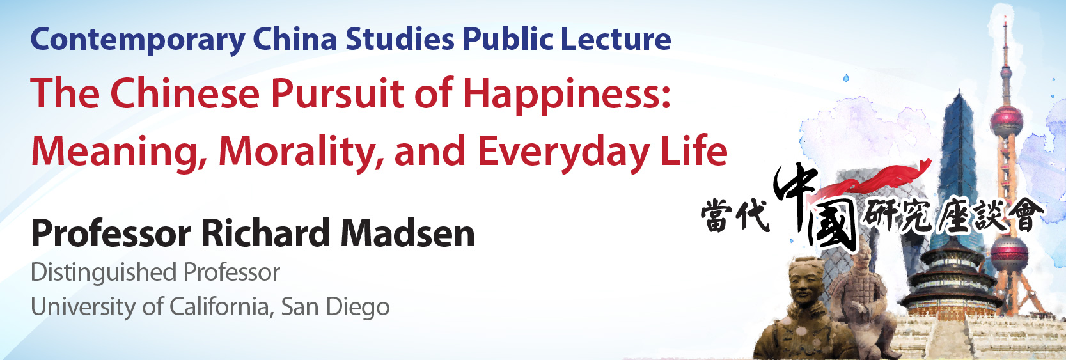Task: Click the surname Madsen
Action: [407, 234]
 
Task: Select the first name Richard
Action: [265, 233]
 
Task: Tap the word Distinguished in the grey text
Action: [104, 273]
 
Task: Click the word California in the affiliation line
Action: [221, 307]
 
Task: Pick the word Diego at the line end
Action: [357, 308]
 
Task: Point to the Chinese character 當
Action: [717, 215]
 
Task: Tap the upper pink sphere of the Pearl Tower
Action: [1006, 121]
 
